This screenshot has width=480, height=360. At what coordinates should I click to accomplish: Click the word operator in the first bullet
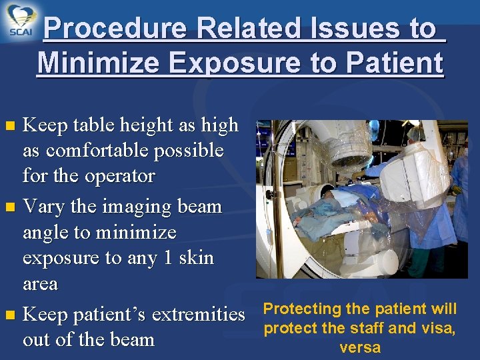(x=123, y=177)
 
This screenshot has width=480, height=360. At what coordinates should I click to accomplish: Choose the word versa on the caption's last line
(x=359, y=347)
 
